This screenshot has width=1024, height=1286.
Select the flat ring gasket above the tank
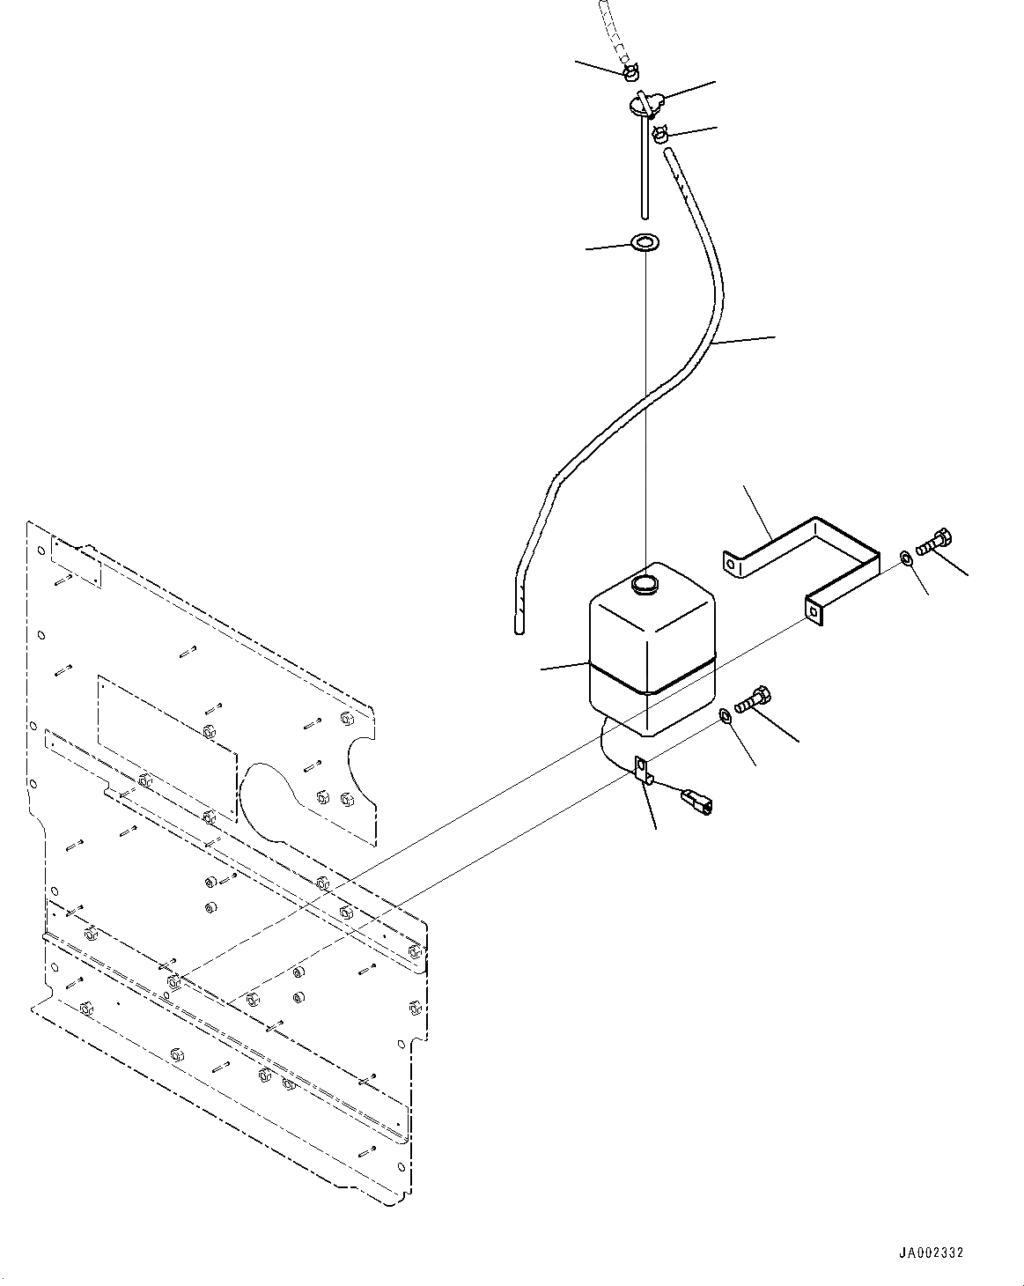(x=647, y=242)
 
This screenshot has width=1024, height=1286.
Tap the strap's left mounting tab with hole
(x=733, y=564)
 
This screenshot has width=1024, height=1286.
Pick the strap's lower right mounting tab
(x=815, y=610)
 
